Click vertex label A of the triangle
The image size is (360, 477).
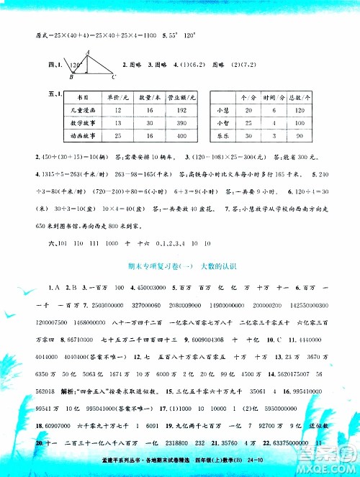(x=87, y=51)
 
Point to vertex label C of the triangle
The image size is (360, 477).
(x=114, y=76)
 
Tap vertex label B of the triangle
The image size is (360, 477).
(x=70, y=76)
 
